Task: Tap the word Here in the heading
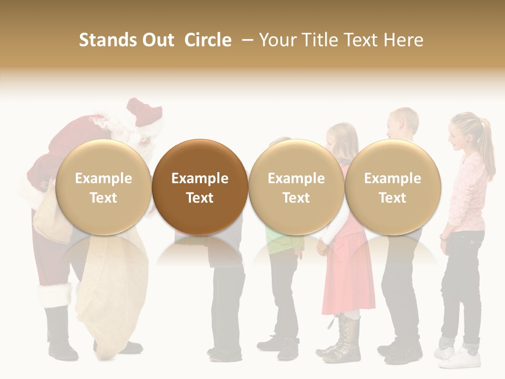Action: click(403, 40)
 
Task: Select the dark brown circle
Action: click(200, 187)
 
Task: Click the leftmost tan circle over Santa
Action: click(103, 187)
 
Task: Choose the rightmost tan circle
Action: click(392, 187)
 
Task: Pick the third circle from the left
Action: click(296, 187)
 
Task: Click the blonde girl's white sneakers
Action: click(463, 358)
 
